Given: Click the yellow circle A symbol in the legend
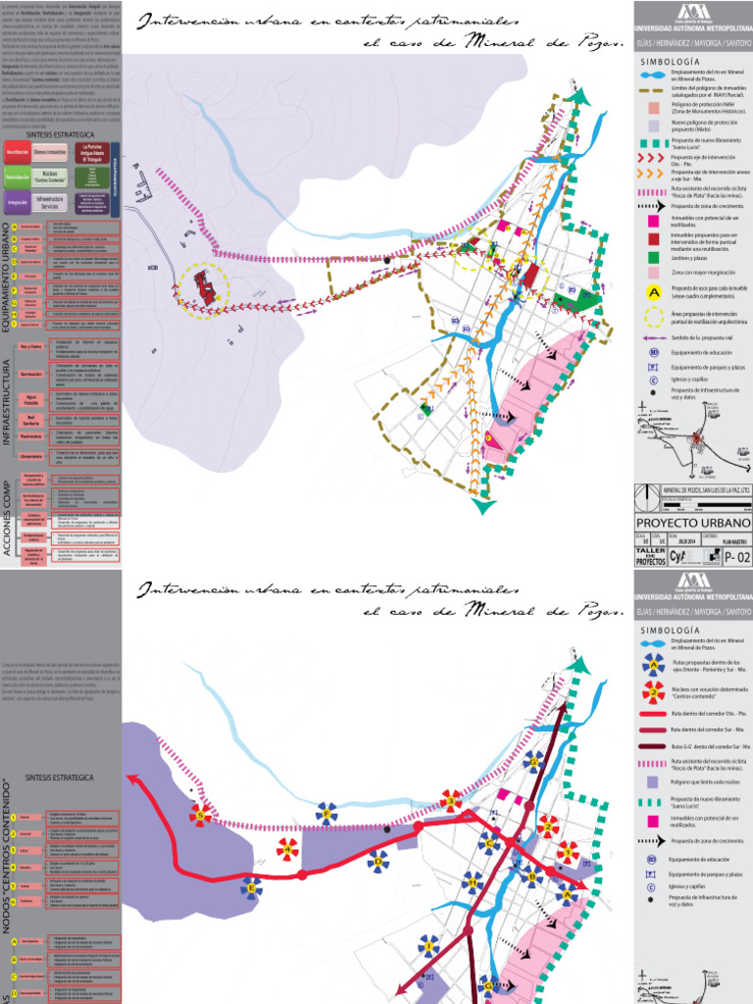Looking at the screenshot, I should click(x=653, y=291).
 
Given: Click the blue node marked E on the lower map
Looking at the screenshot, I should click(x=251, y=889).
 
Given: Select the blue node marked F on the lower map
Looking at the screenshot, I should click(x=326, y=813).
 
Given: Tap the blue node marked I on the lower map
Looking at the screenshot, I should click(x=428, y=945).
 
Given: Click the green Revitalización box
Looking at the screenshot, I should click(x=17, y=177).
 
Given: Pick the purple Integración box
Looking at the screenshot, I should click(x=17, y=202).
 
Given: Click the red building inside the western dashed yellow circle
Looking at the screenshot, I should click(x=206, y=286).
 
